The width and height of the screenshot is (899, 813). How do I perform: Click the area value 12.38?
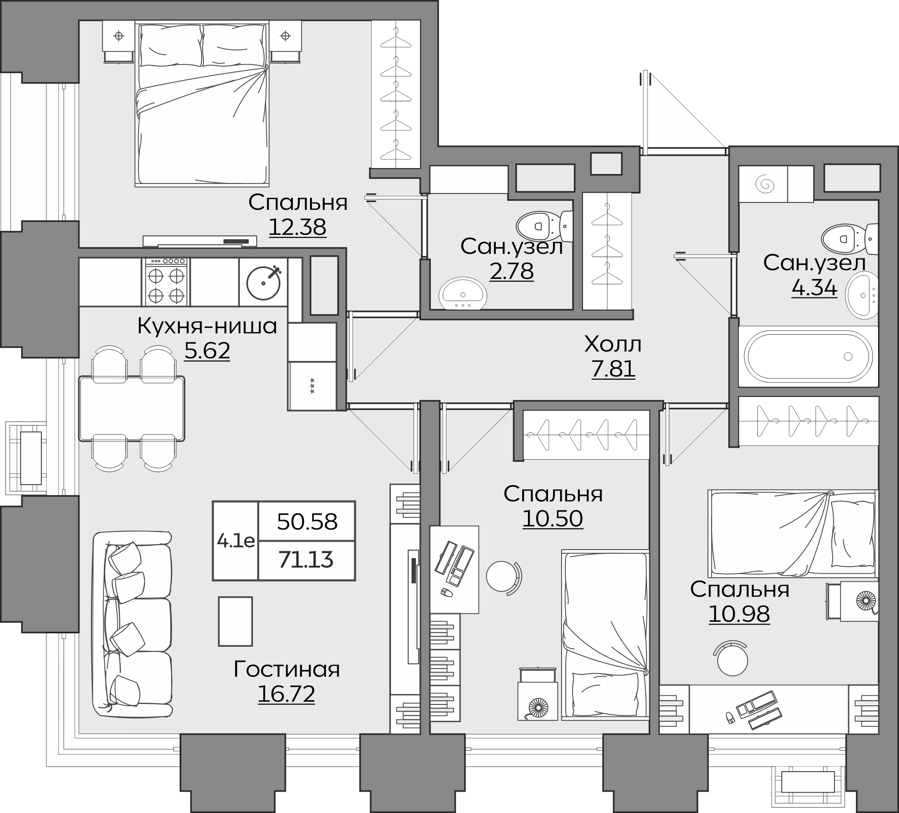297,227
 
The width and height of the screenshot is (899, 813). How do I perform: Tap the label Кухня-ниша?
207,326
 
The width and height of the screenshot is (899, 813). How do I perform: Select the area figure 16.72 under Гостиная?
286,694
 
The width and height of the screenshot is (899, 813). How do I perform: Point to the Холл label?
613,344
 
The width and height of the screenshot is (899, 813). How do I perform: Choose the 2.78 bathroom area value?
511,271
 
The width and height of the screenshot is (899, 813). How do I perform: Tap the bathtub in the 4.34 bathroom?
808,357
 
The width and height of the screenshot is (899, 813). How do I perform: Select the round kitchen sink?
264,282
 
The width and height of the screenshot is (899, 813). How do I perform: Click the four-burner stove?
166,282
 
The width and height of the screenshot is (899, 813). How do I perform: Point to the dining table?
132,408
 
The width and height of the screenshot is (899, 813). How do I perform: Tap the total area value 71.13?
306,560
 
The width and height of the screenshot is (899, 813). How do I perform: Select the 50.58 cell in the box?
307,522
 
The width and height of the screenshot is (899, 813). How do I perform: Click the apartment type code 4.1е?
236,541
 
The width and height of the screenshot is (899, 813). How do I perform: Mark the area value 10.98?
739,614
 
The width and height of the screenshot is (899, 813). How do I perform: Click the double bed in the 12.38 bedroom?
202,104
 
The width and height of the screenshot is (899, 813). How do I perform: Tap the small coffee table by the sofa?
235,621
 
